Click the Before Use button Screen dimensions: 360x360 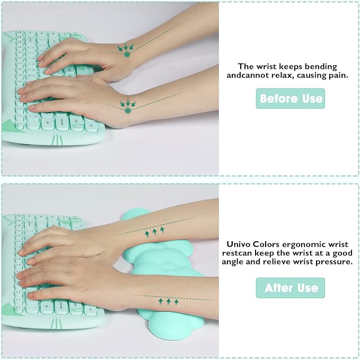(x=290, y=99)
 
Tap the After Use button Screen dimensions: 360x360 (x=290, y=288)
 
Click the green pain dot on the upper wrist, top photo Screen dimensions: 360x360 (x=126, y=55)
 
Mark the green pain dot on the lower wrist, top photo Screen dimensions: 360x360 (x=128, y=111)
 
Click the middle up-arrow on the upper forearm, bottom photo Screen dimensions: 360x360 (x=155, y=232)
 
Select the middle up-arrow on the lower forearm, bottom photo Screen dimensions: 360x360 (x=169, y=302)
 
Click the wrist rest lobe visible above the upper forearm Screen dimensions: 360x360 (x=133, y=214)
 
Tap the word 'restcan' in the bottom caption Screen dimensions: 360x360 (x=237, y=253)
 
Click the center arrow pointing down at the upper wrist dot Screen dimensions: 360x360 (x=126, y=47)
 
